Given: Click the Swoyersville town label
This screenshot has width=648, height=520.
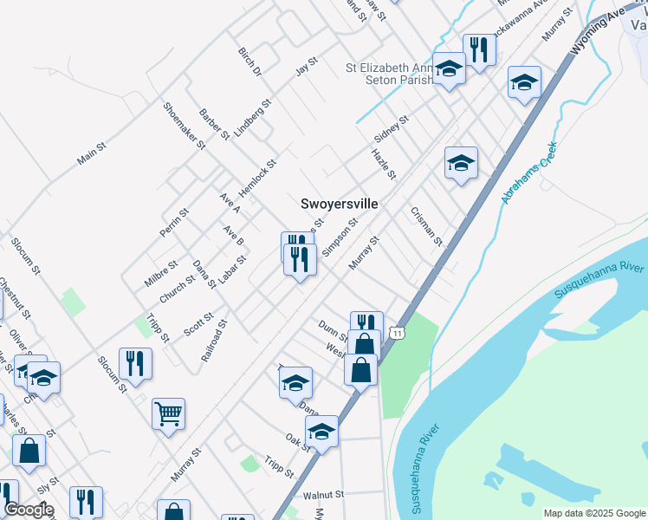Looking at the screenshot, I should click(339, 204).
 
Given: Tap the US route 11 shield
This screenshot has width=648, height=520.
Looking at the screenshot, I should click(397, 332).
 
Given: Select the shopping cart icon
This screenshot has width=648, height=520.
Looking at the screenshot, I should click(168, 413).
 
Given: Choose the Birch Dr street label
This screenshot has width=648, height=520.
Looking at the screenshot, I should click(249, 62).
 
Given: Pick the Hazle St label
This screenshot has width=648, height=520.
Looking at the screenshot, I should click(383, 164).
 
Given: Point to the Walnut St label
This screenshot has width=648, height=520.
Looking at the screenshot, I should click(324, 495).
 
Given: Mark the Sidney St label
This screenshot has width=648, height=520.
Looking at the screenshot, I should click(390, 128).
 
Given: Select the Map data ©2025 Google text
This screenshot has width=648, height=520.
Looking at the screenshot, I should click(593, 513).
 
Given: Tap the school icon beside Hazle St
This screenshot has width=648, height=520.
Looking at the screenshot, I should click(461, 162).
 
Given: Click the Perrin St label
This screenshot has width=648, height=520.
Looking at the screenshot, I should click(173, 223).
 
